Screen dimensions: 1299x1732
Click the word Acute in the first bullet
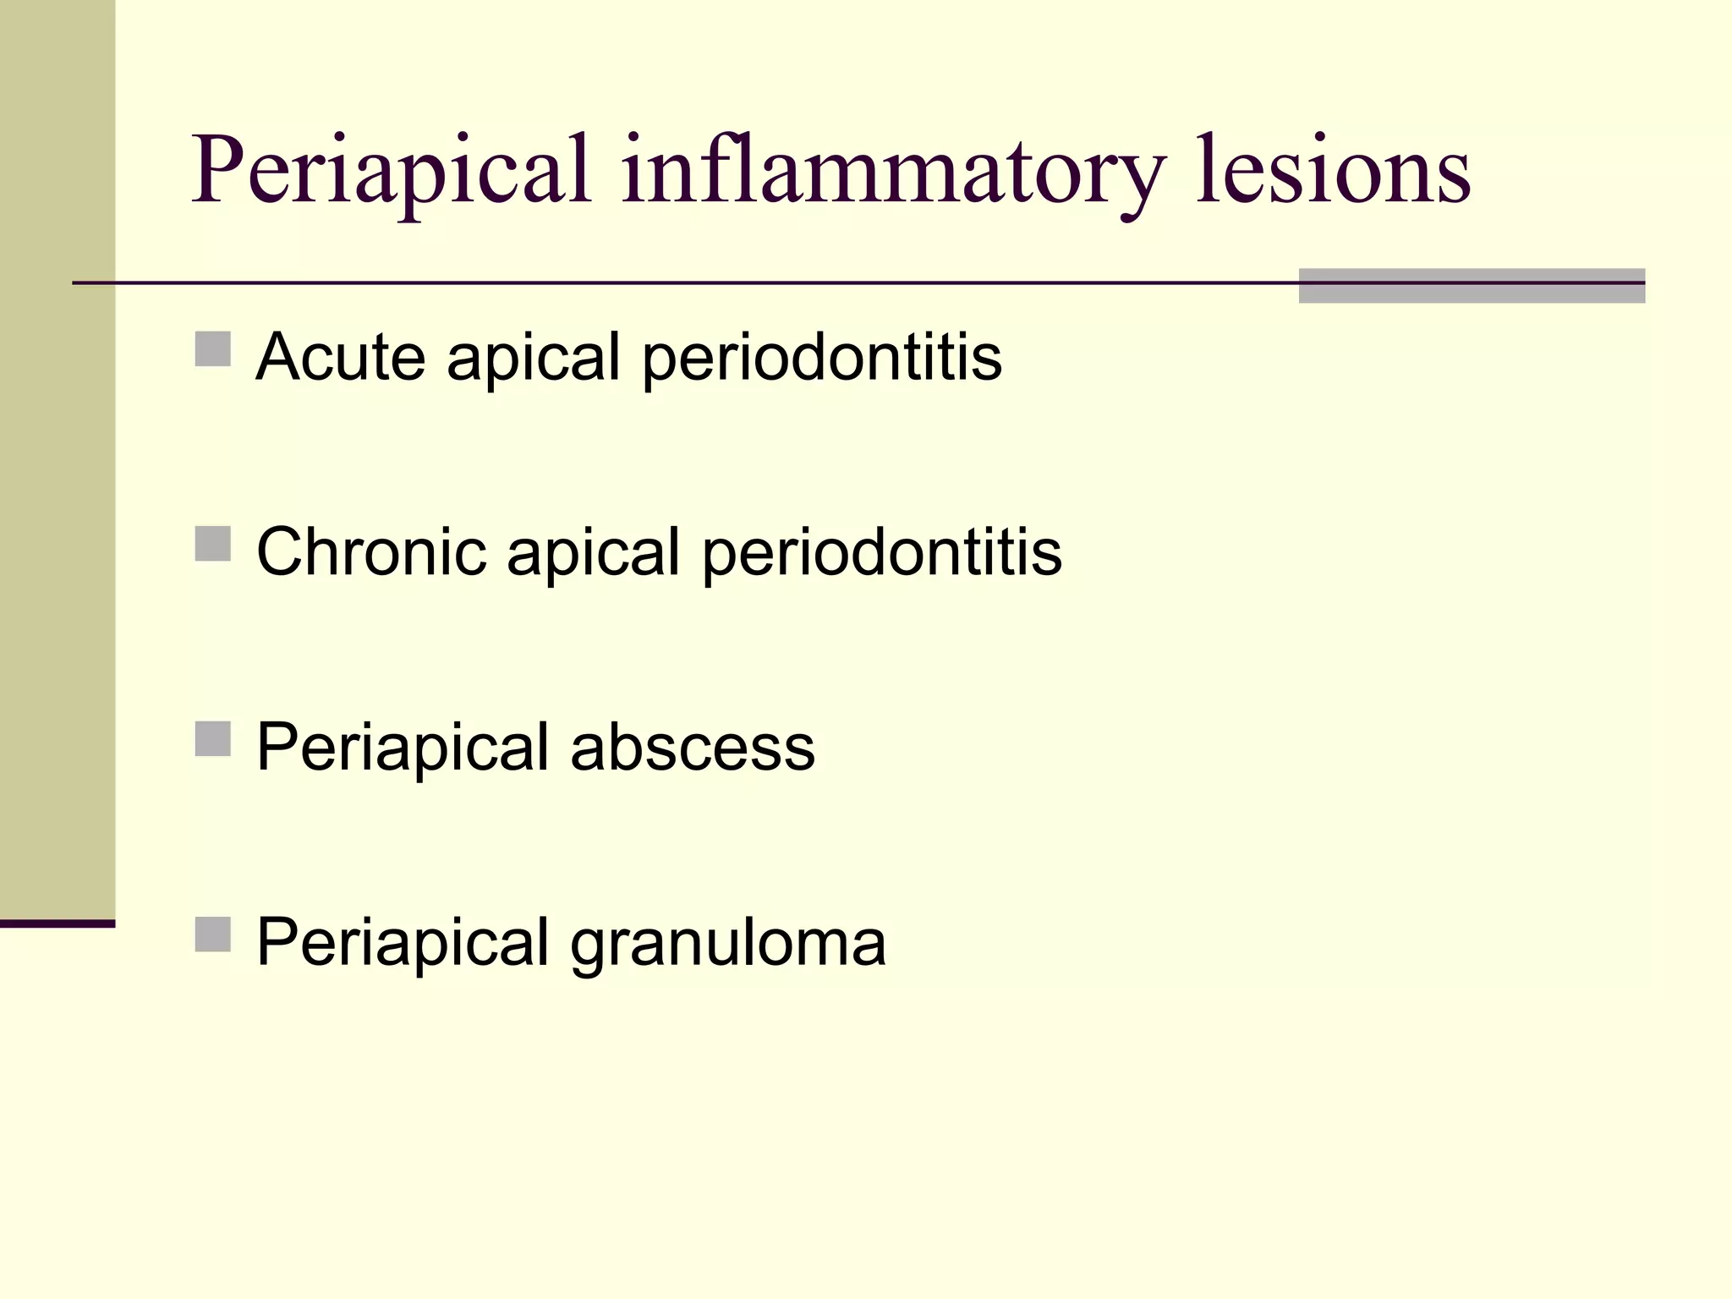[x=340, y=356]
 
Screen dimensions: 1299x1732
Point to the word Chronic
[x=372, y=551]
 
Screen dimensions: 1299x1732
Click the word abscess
[x=693, y=747]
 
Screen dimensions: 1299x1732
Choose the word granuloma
[x=728, y=942]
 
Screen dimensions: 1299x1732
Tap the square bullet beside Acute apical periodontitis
[x=213, y=348]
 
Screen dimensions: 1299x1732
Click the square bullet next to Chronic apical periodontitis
[x=213, y=544]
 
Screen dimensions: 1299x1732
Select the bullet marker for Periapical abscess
[x=213, y=738]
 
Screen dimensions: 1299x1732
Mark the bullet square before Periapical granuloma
[x=213, y=934]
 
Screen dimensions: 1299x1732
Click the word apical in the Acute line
[x=534, y=358]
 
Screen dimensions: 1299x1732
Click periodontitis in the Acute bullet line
[x=822, y=358]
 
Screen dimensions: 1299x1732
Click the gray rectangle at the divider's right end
[x=1472, y=286]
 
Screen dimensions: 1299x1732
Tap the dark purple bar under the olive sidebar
[x=57, y=924]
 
